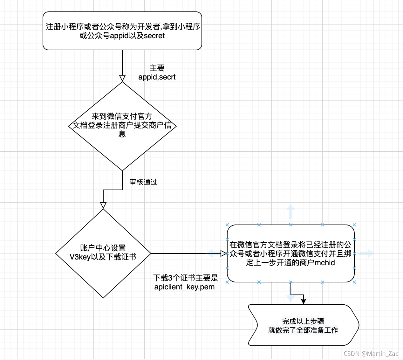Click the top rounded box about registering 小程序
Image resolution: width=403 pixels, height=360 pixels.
[122, 31]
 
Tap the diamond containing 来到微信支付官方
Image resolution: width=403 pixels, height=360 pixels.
[122, 126]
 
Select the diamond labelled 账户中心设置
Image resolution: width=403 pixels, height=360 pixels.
[103, 253]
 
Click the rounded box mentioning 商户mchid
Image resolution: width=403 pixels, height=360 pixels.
[290, 253]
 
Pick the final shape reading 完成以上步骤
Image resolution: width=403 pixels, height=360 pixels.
[303, 325]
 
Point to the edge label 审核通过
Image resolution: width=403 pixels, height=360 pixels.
[143, 182]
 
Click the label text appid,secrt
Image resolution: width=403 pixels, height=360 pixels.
[157, 77]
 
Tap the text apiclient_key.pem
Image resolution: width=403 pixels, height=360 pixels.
[184, 287]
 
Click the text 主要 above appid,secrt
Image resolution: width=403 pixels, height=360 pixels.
[157, 68]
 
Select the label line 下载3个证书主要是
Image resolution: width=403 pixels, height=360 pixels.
[186, 278]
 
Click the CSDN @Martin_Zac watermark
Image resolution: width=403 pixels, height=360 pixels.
[371, 354]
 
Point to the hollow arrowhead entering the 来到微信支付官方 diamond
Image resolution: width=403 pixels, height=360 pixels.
[122, 78]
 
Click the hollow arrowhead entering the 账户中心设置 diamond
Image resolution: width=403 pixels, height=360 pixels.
[103, 205]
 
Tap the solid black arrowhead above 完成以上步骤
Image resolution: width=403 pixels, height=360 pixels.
[304, 301]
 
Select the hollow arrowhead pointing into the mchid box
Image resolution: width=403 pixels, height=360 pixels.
[223, 253]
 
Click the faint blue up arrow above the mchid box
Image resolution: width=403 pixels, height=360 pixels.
[290, 211]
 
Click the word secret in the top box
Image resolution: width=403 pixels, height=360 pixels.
[154, 36]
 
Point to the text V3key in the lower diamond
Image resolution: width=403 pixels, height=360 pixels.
[80, 257]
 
